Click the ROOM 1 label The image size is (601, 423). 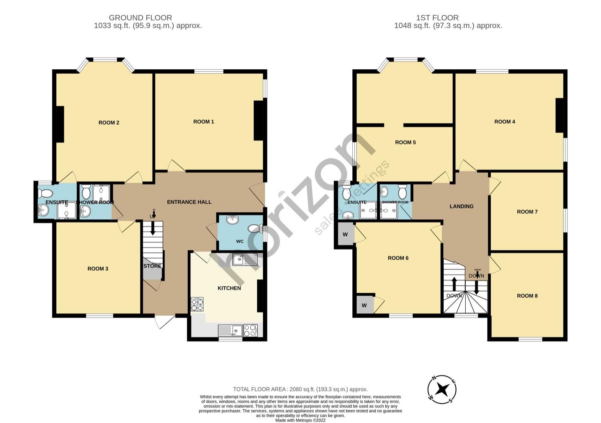tap(203, 122)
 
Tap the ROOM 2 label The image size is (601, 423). tap(109, 123)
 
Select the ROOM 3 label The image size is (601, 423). tap(98, 269)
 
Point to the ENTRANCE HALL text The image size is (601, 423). tap(189, 202)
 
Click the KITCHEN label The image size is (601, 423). tap(229, 288)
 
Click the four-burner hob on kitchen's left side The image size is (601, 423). tap(197, 304)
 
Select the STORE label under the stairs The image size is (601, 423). tap(152, 266)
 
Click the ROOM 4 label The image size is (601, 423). tap(504, 122)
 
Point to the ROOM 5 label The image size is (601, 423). tap(405, 142)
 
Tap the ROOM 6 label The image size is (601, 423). tap(398, 258)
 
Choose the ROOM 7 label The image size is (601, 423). tap(527, 212)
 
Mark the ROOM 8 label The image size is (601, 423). tap(527, 296)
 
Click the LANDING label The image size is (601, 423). tap(461, 206)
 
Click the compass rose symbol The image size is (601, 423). tap(442, 390)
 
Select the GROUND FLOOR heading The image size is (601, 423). tap(140, 18)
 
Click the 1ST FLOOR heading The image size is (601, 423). tap(437, 18)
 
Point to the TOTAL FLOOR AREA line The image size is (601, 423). tap(300, 389)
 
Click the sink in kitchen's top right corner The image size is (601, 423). tap(244, 260)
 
